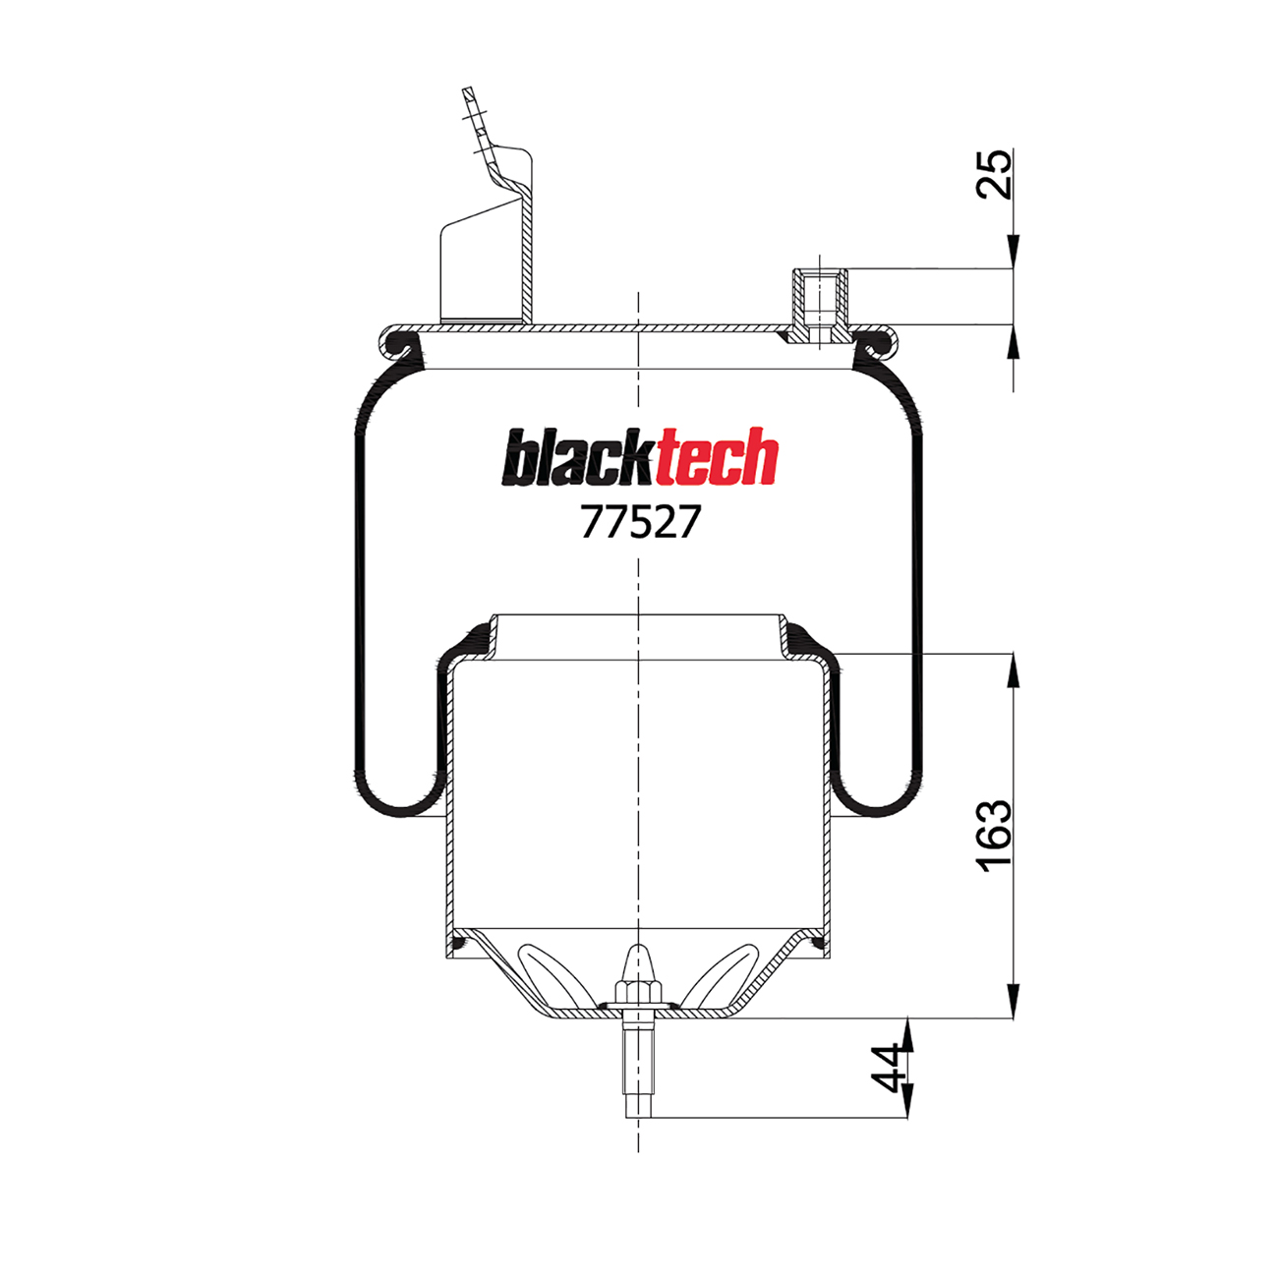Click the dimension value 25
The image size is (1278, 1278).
[995, 174]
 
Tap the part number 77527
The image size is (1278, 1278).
[640, 522]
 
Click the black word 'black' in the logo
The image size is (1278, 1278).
[578, 460]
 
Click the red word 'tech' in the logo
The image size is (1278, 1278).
[716, 460]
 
